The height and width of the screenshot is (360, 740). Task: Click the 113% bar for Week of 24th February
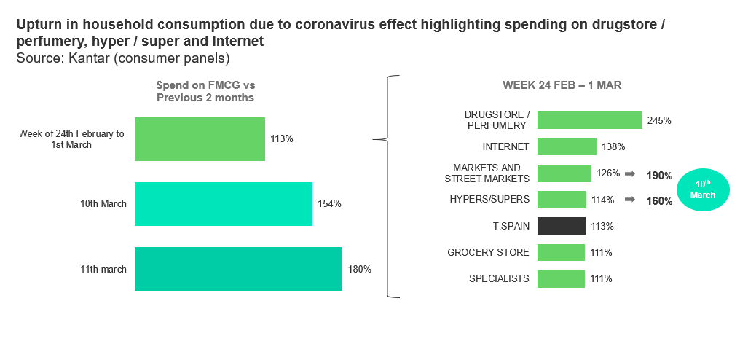point(200,138)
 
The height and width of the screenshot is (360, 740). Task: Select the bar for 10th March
point(224,203)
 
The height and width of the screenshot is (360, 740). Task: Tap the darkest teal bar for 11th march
point(238,269)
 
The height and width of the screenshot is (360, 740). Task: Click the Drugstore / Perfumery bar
point(589,120)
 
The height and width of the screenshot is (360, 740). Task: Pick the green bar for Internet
point(567,146)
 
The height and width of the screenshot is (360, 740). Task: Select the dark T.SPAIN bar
point(561,226)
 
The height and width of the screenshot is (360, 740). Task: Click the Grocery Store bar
point(561,252)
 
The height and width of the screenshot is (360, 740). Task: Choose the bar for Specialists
point(561,278)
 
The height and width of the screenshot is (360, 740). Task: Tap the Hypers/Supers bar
point(562,200)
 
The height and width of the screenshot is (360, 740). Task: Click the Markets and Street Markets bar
point(564,173)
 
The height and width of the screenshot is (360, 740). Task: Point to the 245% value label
point(658,120)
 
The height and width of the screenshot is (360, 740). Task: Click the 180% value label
point(360,269)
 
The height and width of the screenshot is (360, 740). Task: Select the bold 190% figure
point(659,176)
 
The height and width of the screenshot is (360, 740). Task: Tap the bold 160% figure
point(659,201)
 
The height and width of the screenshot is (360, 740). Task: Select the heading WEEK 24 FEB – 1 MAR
point(562,85)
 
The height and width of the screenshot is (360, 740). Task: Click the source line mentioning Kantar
point(123,58)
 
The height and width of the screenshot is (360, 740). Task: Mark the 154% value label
point(329,203)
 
